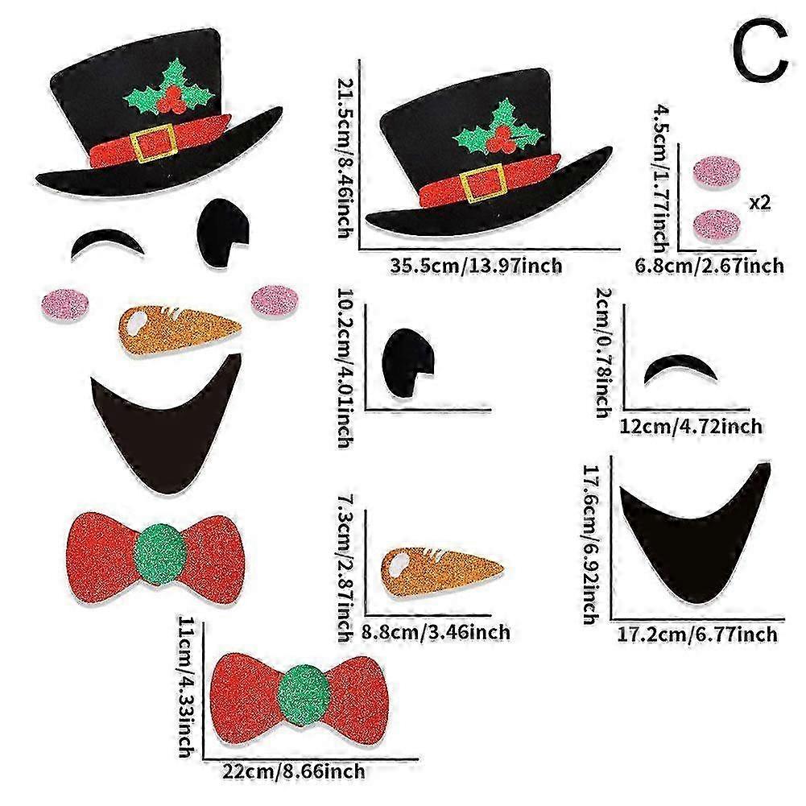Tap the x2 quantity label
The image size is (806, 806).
[759, 203]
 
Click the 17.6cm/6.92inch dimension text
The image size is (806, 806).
[589, 541]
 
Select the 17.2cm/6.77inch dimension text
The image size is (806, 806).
[697, 634]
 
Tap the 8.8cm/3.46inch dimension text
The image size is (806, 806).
[436, 632]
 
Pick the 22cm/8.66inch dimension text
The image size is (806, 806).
[295, 771]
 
